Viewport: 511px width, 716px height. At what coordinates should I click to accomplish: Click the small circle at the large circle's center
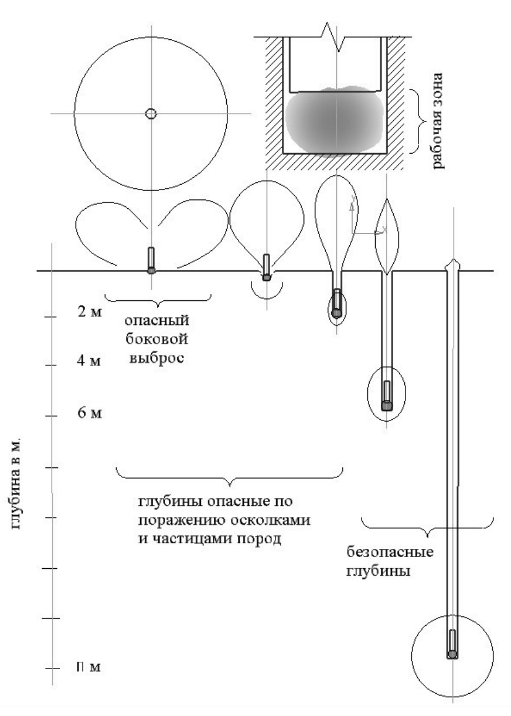(151, 113)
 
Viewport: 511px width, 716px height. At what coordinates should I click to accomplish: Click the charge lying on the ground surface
(151, 260)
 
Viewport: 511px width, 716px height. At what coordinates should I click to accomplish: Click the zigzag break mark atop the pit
(335, 36)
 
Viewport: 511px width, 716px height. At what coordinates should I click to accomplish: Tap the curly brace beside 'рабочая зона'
(415, 121)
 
